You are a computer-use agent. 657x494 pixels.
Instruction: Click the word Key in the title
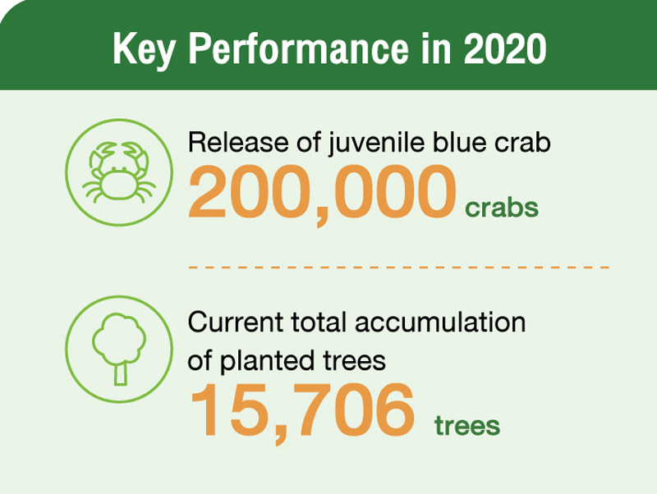coord(143,50)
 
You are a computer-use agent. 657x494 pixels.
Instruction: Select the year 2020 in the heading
coord(505,48)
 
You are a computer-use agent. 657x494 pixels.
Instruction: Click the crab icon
coord(119,172)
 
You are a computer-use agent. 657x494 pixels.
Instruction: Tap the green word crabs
coord(502,208)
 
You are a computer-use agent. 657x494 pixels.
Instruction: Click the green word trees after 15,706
coord(467,426)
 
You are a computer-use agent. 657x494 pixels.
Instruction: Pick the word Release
coord(238,142)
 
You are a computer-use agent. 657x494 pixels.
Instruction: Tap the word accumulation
coord(440,322)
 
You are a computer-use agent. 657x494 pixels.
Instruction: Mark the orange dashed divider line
coord(398,267)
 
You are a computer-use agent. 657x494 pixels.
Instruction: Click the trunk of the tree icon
coord(120,374)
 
